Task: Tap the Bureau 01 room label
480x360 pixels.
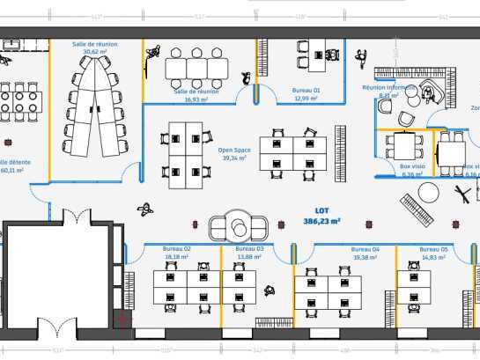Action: [306, 90]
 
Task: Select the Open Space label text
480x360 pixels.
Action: [234, 150]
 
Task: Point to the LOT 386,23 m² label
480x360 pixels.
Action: [321, 217]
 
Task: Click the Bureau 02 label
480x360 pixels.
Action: [176, 249]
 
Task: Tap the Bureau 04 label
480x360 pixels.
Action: [365, 249]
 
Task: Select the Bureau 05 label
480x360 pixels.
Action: [433, 249]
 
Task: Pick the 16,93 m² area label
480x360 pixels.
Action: [196, 99]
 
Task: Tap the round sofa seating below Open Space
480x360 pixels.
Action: [237, 224]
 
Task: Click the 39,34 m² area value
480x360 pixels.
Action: [234, 158]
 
